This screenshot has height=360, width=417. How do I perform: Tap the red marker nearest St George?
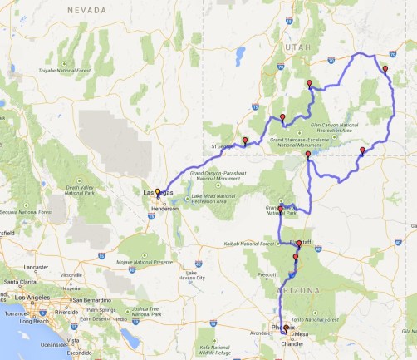click(244, 141)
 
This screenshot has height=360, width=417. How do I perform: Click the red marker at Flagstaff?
click(299, 244)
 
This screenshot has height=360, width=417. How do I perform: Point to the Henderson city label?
click(164, 208)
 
